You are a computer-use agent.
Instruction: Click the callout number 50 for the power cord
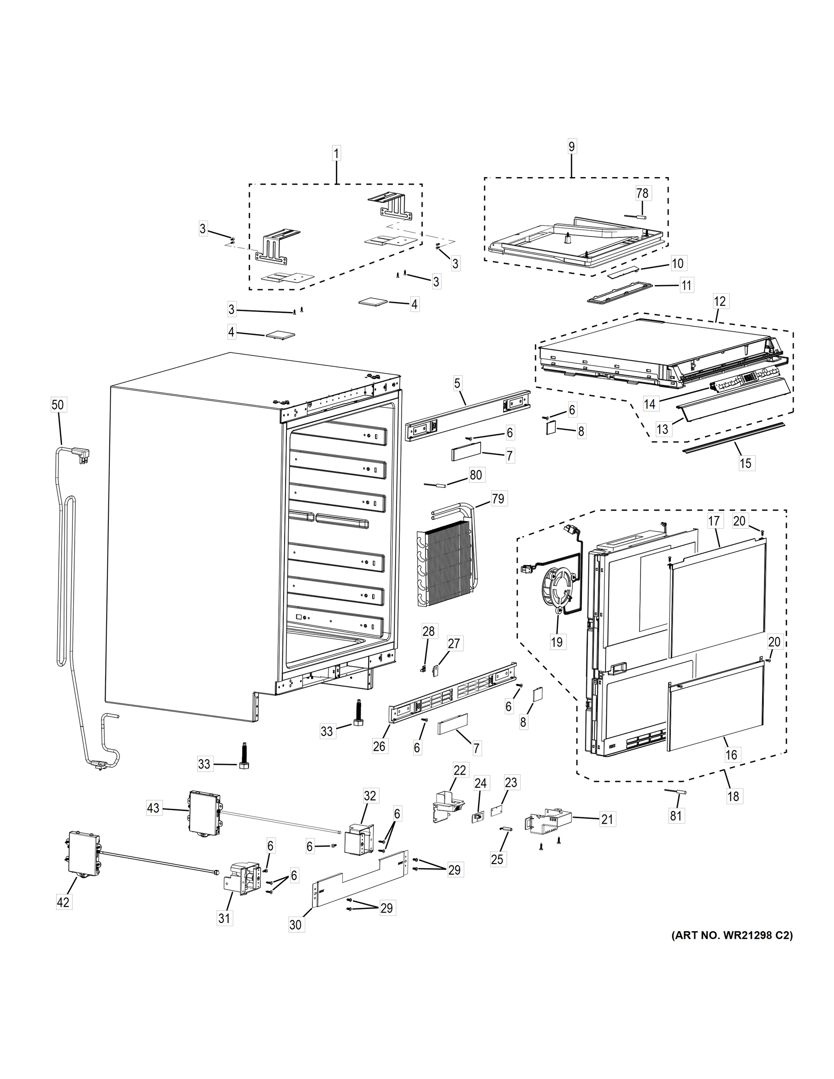point(58,405)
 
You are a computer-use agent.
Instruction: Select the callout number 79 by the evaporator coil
point(498,499)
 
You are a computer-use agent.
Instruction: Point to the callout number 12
point(720,301)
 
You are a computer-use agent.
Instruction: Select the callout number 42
point(63,902)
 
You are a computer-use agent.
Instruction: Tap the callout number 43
point(154,809)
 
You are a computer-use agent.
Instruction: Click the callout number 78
point(642,193)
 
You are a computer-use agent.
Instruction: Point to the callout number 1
point(336,154)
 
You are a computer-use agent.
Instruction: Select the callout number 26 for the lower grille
point(379,745)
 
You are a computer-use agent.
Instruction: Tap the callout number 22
point(459,770)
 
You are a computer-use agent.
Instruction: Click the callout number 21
point(607,819)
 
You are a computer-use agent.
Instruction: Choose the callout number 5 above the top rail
point(457,383)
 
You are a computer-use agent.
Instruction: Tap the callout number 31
point(224,918)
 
